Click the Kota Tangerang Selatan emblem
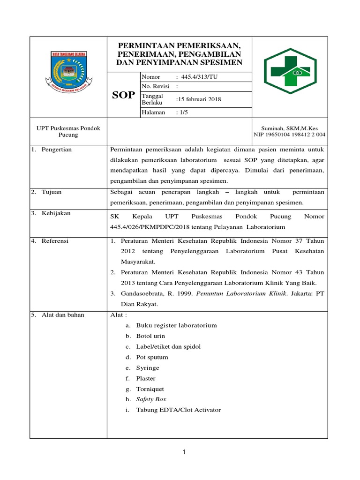(68, 72)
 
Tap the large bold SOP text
(123, 95)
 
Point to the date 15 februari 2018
(198, 99)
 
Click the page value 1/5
(182, 112)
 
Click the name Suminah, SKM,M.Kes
(289, 128)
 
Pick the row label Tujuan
(51, 192)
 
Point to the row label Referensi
(55, 241)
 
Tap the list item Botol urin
(150, 336)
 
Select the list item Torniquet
(150, 389)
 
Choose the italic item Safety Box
(151, 399)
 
